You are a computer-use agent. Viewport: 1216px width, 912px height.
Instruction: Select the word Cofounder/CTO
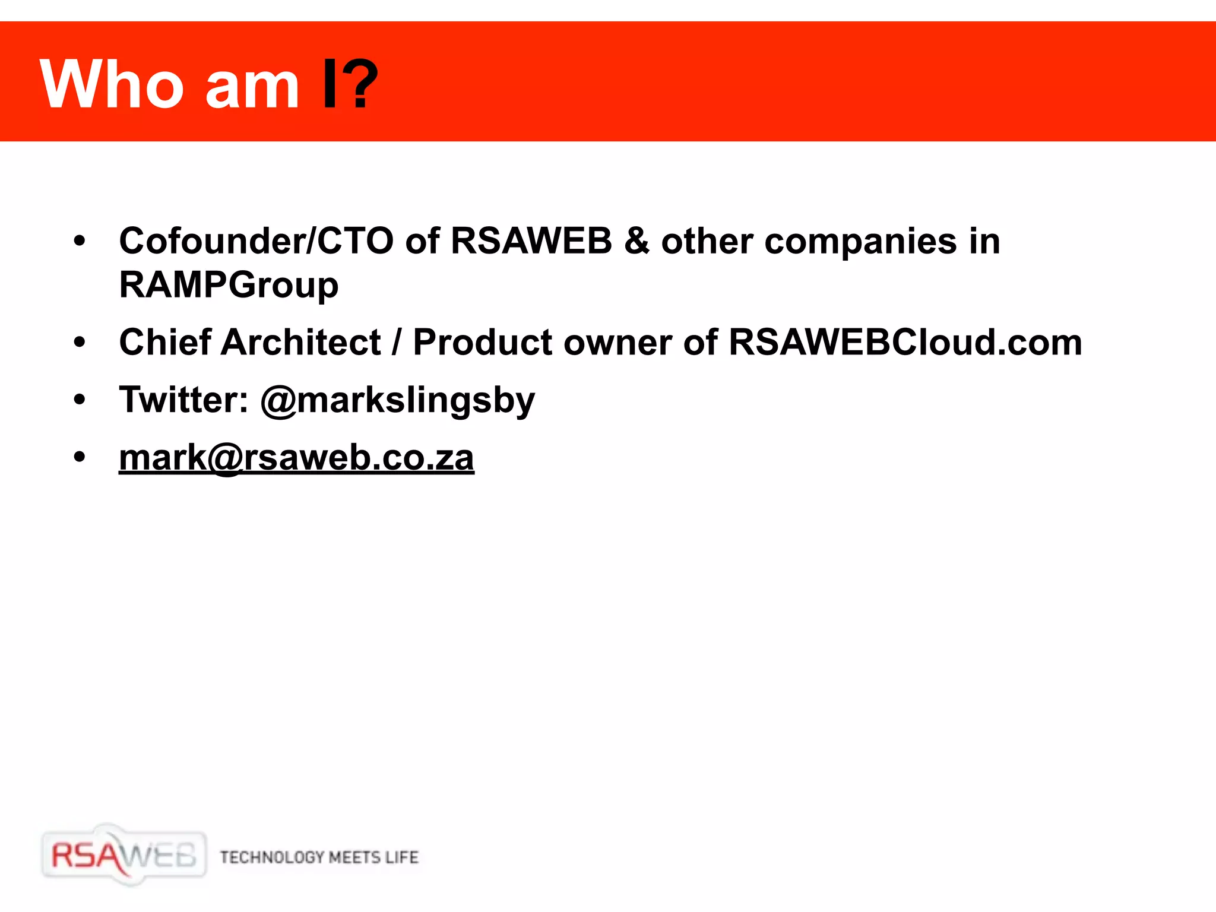[256, 241]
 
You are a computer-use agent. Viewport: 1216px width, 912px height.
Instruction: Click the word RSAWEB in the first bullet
[531, 241]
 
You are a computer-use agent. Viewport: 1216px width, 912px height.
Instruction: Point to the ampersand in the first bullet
[636, 241]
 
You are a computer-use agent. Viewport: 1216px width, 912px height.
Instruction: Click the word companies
[861, 242]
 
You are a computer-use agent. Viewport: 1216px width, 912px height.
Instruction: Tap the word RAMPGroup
[229, 286]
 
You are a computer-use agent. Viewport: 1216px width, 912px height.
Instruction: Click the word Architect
[300, 342]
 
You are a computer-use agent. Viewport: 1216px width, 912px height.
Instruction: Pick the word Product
[483, 343]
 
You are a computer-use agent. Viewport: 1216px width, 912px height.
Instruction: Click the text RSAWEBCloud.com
[905, 343]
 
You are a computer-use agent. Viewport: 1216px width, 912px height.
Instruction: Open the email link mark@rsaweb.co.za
[296, 458]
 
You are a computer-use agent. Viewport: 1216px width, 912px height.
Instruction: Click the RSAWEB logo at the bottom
[123, 856]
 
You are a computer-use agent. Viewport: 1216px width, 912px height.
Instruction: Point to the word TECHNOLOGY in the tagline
[272, 857]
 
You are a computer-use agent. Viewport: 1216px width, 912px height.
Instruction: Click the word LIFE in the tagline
[402, 857]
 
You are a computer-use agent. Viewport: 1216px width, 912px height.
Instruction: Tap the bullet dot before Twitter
[80, 400]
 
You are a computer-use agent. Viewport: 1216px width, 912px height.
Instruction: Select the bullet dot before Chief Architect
[80, 343]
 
